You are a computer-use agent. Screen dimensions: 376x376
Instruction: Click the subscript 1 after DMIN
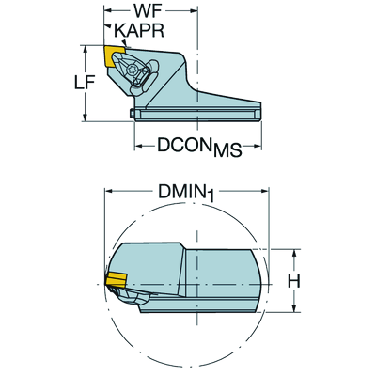pos(212,196)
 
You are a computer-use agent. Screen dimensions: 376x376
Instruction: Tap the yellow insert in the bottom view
pos(117,279)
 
